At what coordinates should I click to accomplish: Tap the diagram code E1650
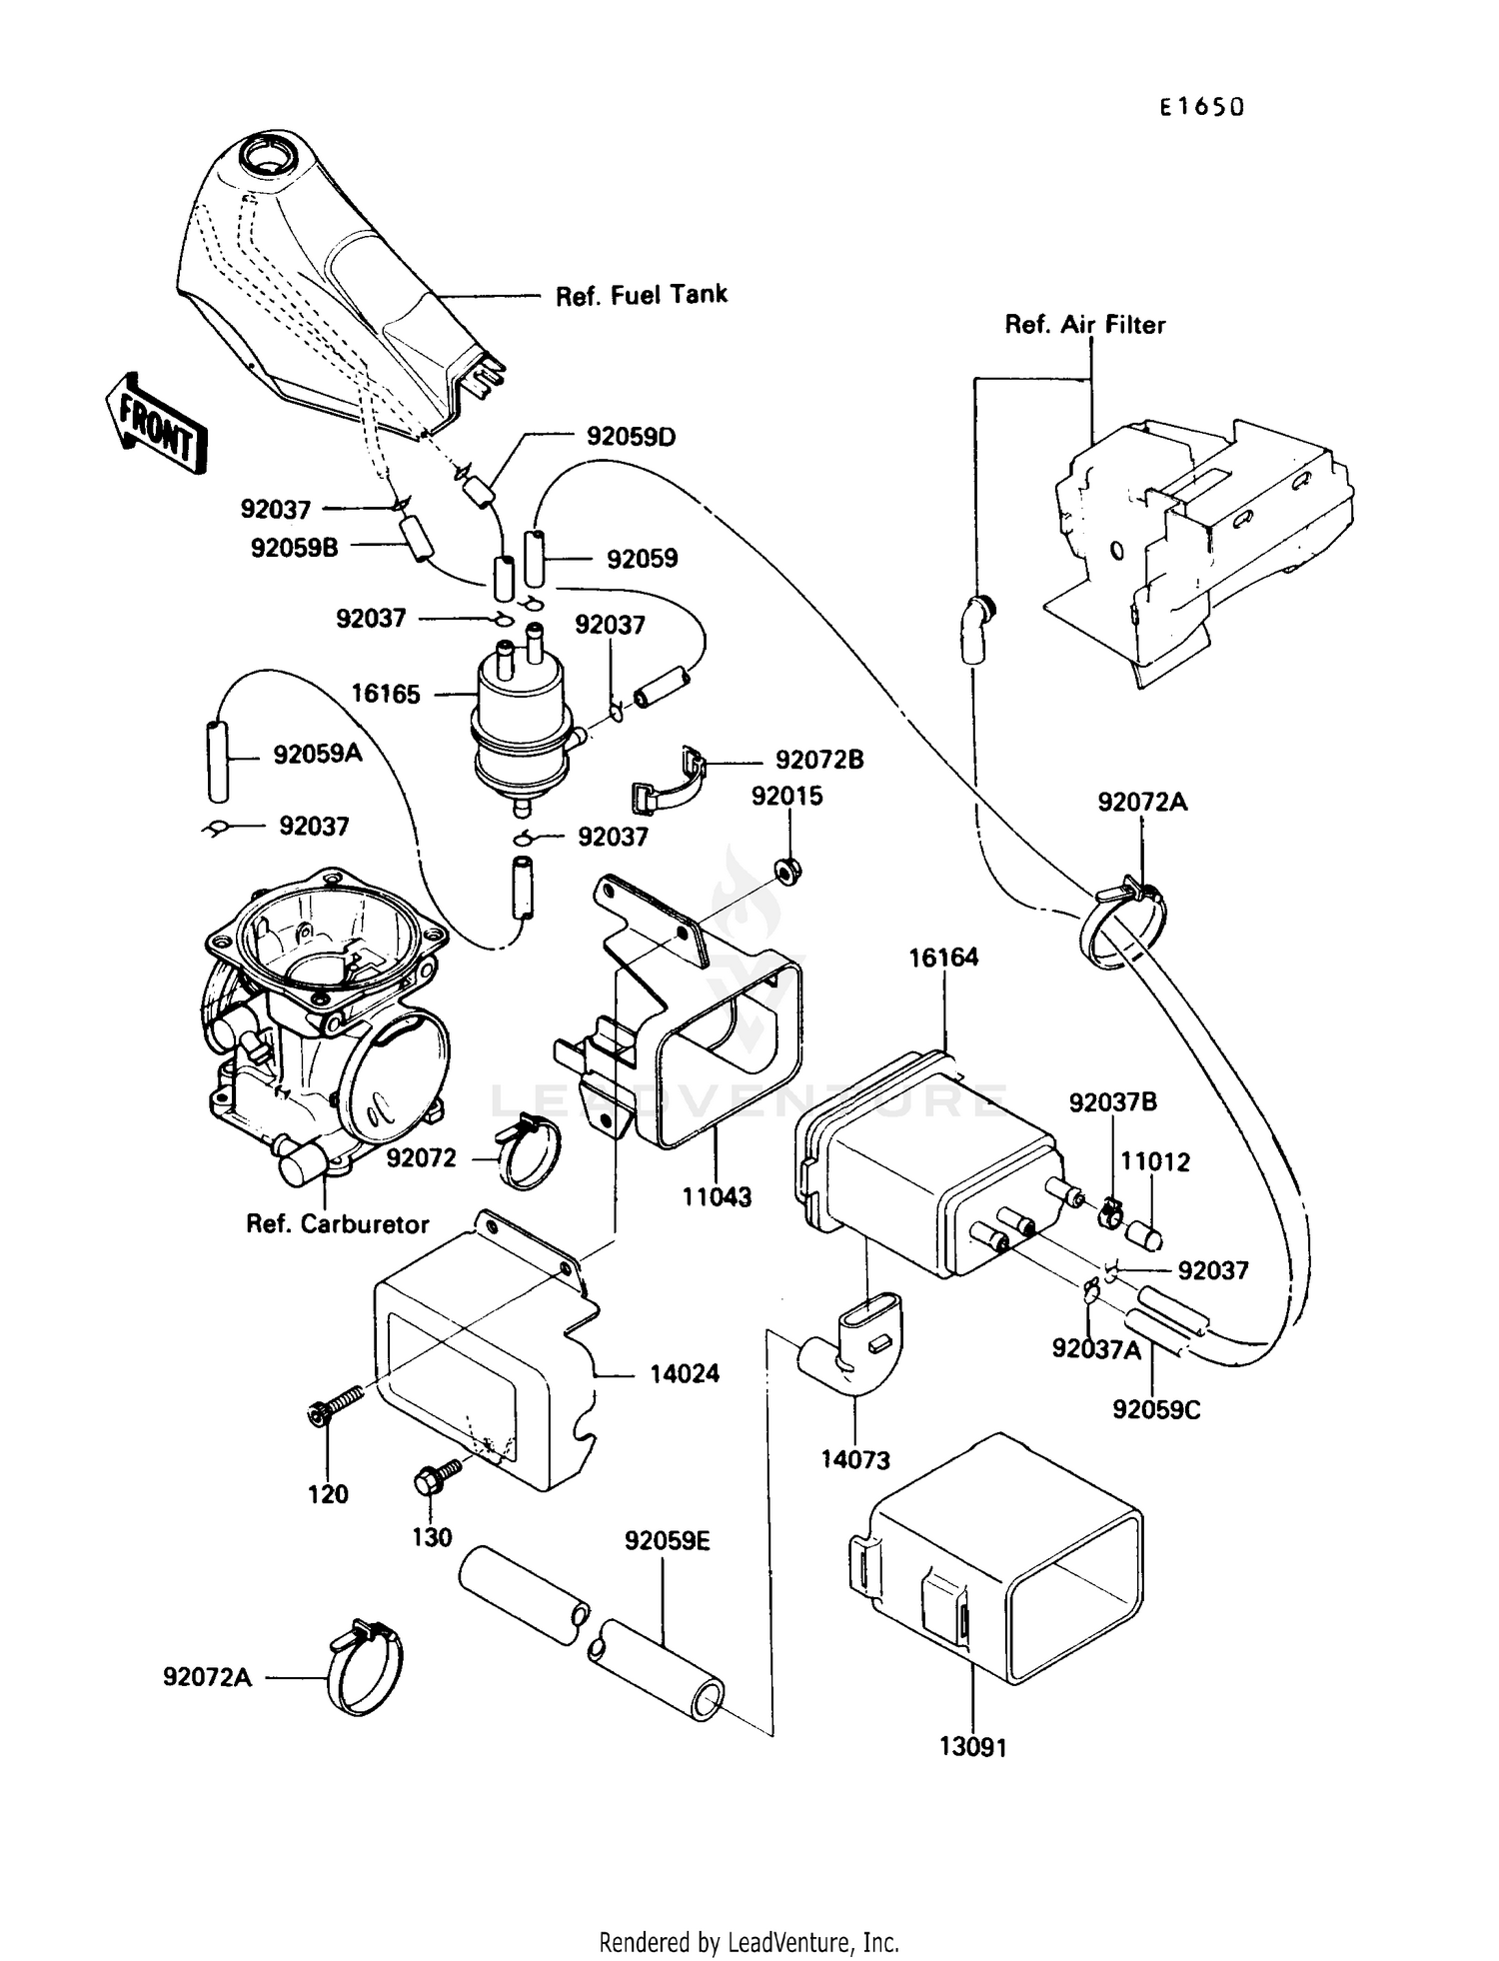[1201, 108]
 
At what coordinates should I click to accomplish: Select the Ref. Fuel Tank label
[641, 295]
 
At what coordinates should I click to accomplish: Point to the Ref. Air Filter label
[1084, 325]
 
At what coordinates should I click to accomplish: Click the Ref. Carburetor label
[337, 1224]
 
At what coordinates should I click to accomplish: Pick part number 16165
[386, 694]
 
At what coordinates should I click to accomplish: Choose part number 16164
[942, 958]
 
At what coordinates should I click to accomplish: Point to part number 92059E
[667, 1541]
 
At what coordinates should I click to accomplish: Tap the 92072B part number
[819, 760]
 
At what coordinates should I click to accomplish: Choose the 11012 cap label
[1155, 1161]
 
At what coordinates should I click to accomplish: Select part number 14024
[684, 1374]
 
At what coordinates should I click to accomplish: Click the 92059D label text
[631, 437]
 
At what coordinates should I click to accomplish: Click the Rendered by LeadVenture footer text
[749, 1942]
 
